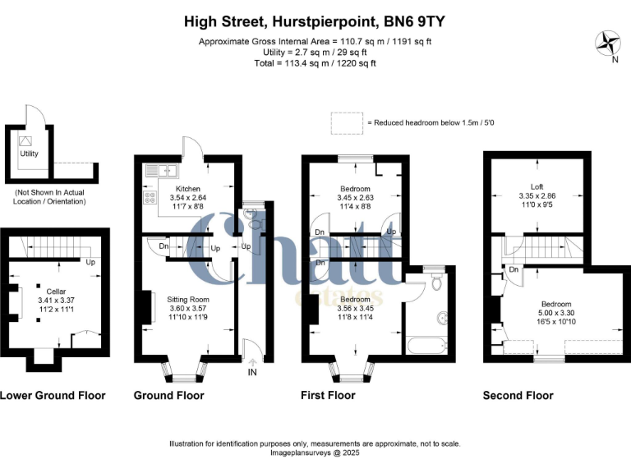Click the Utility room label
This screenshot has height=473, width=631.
pyautogui.click(x=30, y=153)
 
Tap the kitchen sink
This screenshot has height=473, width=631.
pyautogui.click(x=164, y=172)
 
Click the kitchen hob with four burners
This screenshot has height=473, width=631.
pyautogui.click(x=150, y=197)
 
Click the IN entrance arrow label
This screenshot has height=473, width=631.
pyautogui.click(x=251, y=372)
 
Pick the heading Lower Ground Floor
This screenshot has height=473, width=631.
pyautogui.click(x=53, y=395)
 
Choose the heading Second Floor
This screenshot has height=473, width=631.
pyautogui.click(x=518, y=395)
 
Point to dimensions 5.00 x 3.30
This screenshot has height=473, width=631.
pyautogui.click(x=538, y=311)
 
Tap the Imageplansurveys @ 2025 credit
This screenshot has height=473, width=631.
pyautogui.click(x=315, y=452)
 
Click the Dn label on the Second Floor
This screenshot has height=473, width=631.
pyautogui.click(x=514, y=269)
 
